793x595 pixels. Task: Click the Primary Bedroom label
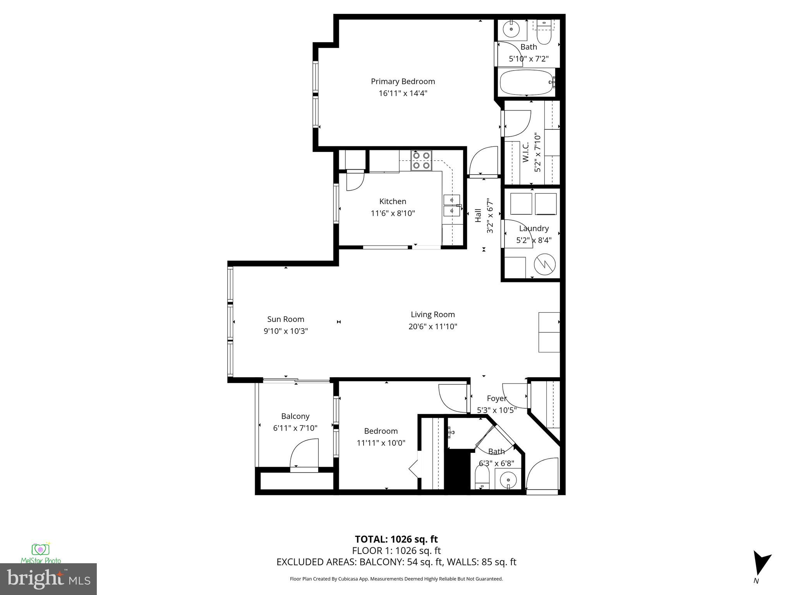[403, 81]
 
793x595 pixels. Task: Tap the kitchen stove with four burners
[421, 160]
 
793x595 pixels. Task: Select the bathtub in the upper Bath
[526, 83]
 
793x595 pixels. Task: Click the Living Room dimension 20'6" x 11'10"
[433, 327]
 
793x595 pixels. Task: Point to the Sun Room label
[285, 319]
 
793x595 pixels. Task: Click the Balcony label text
[295, 416]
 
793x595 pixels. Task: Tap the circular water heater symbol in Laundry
[544, 265]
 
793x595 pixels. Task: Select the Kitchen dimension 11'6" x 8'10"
[393, 213]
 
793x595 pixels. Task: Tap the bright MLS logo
[48, 579]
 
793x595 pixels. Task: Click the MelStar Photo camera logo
[40, 549]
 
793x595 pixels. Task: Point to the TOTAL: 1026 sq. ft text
[396, 539]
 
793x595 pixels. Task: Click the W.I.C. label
[525, 152]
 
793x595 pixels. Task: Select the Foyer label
[496, 398]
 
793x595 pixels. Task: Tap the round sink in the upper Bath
[512, 29]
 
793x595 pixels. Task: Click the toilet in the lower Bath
[482, 477]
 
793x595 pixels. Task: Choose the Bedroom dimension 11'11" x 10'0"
[381, 443]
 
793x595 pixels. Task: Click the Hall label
[478, 215]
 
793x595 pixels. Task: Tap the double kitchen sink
[451, 205]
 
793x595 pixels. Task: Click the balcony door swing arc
[304, 453]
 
